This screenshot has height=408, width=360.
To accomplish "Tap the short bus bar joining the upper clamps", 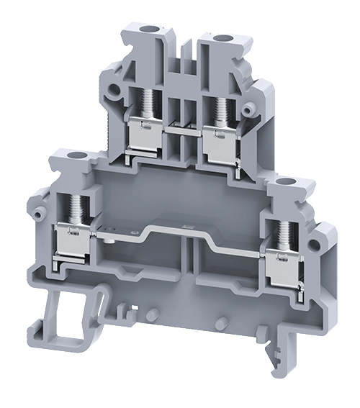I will (183, 130).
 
